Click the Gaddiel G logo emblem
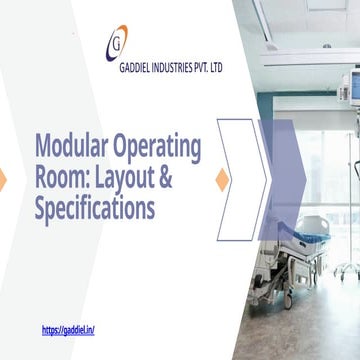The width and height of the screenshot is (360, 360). [x=118, y=45]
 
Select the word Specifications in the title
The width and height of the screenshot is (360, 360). [x=94, y=210]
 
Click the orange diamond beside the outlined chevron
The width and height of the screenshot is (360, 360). [x=223, y=179]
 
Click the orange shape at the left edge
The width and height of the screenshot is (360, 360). [x=3, y=179]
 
